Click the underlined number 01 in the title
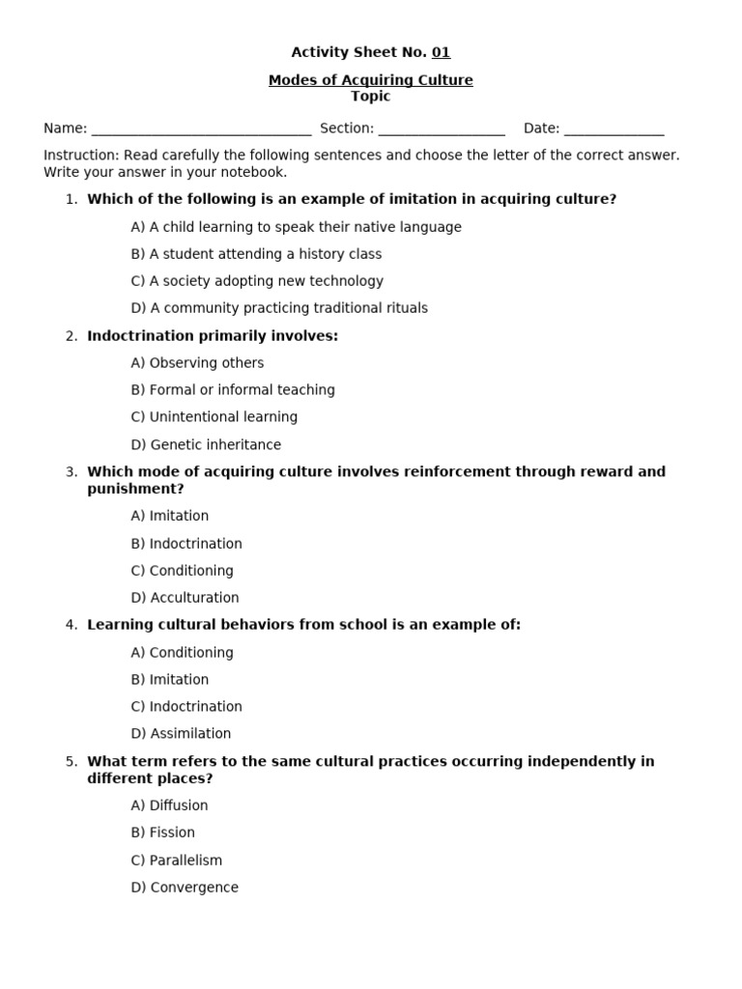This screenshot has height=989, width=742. pyautogui.click(x=441, y=52)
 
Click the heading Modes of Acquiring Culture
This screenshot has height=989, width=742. pyautogui.click(x=371, y=80)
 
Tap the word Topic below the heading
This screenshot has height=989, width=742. pyautogui.click(x=371, y=97)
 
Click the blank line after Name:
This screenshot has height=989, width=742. pyautogui.click(x=201, y=129)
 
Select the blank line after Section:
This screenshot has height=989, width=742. pyautogui.click(x=442, y=129)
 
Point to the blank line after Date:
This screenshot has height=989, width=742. pyautogui.click(x=614, y=129)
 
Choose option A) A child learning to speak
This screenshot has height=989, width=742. pyautogui.click(x=296, y=227)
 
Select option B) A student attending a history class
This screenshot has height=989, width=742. pyautogui.click(x=256, y=254)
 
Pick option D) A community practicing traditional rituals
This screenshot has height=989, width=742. pyautogui.click(x=279, y=308)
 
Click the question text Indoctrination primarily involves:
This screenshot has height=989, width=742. pyautogui.click(x=213, y=336)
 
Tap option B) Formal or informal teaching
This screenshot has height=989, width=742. pyautogui.click(x=233, y=390)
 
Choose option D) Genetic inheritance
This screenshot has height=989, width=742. pyautogui.click(x=206, y=445)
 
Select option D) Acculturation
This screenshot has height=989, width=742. pyautogui.click(x=185, y=598)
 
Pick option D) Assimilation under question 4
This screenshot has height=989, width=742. pyautogui.click(x=181, y=734)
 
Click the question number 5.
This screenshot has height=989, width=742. pyautogui.click(x=71, y=761)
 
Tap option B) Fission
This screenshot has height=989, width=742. pyautogui.click(x=162, y=833)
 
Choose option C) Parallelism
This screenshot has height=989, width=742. pyautogui.click(x=176, y=861)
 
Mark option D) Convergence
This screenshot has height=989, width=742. pyautogui.click(x=185, y=888)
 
